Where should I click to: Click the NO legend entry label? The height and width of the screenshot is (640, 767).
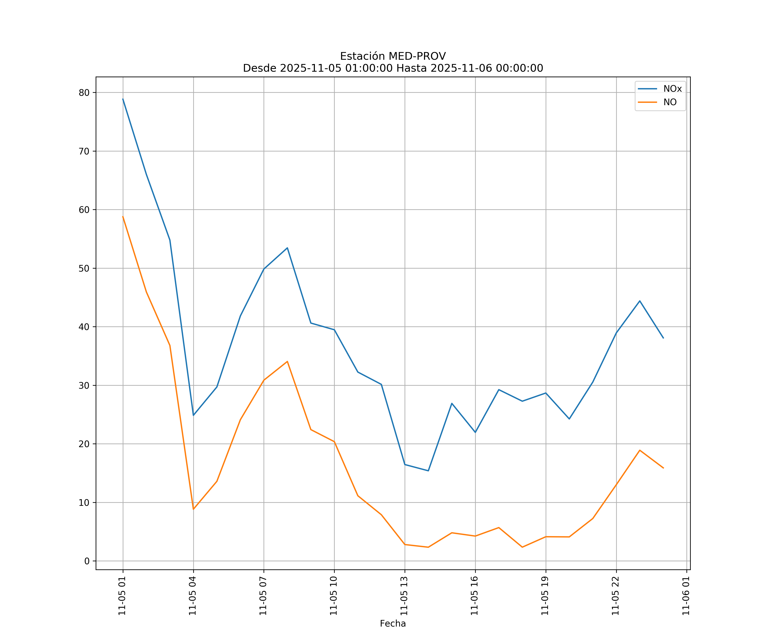pyautogui.click(x=670, y=102)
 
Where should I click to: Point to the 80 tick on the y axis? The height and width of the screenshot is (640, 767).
pyautogui.click(x=84, y=93)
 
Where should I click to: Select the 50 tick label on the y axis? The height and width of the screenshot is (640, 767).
pyautogui.click(x=84, y=268)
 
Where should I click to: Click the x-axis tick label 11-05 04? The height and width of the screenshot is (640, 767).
pyautogui.click(x=193, y=596)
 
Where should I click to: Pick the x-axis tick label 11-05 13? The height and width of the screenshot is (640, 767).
pyautogui.click(x=404, y=596)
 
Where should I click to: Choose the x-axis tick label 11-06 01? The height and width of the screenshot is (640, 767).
pyautogui.click(x=686, y=596)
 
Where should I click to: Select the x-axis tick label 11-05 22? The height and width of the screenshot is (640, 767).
pyautogui.click(x=616, y=596)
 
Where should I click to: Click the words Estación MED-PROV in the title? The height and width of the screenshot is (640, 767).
pyautogui.click(x=393, y=56)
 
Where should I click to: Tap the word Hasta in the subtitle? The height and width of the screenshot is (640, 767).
pyautogui.click(x=412, y=68)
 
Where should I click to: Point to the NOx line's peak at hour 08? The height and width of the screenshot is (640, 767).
pyautogui.click(x=287, y=248)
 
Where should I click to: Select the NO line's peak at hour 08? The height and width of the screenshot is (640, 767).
pyautogui.click(x=287, y=361)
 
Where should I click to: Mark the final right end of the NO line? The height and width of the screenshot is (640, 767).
pyautogui.click(x=663, y=468)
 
